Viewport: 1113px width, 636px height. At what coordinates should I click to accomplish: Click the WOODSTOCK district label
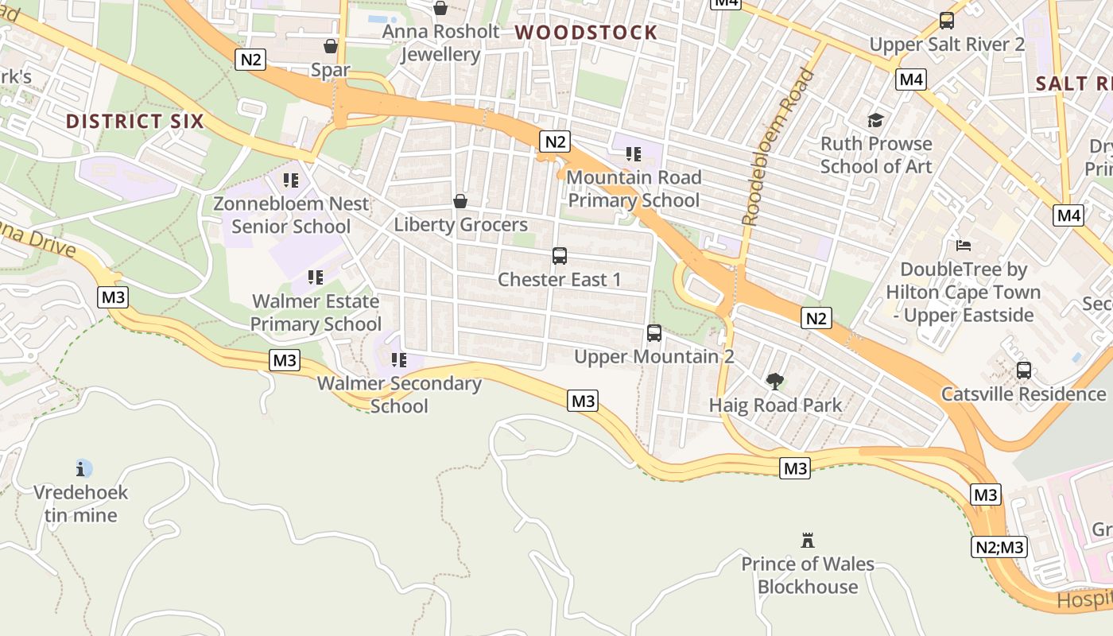point(586,33)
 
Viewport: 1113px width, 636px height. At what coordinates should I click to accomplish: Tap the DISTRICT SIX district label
point(134,122)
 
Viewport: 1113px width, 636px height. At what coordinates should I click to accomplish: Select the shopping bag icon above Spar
point(331,47)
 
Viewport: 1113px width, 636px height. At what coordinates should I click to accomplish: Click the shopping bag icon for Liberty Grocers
point(460,201)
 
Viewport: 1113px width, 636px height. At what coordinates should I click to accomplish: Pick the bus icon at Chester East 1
point(559,256)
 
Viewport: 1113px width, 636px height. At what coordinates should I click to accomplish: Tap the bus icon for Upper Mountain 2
point(653,333)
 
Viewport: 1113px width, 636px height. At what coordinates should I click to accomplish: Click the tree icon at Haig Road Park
point(774,382)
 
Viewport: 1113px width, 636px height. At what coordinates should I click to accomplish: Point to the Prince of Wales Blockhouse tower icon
point(808,541)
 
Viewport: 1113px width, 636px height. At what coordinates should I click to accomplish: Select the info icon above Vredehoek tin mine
point(80,468)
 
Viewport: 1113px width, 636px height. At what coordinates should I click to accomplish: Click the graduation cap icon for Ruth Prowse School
point(875,120)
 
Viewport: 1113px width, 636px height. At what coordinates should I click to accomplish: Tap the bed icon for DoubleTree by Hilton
point(964,246)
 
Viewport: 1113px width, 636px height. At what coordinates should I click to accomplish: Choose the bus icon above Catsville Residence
point(1023,370)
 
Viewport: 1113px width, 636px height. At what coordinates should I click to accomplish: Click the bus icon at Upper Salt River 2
point(946,21)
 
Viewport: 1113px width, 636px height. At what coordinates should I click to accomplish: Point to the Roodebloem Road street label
point(778,147)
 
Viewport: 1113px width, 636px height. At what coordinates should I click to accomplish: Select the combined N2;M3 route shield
point(999,547)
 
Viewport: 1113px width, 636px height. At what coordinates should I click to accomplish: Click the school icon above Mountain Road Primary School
point(633,153)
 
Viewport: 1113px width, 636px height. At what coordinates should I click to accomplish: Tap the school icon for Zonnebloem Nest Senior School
point(291,180)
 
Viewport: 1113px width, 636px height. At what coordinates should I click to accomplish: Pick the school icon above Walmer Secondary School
point(399,360)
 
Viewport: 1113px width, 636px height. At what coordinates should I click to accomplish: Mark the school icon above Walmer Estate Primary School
point(316,277)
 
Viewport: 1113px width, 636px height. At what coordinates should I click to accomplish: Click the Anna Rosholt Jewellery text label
point(440,43)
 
